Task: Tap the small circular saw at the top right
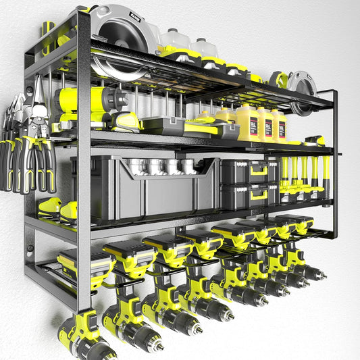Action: [297, 86]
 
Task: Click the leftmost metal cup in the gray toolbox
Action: [138, 165]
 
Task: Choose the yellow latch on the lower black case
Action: [258, 197]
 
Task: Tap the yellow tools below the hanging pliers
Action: [57, 209]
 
